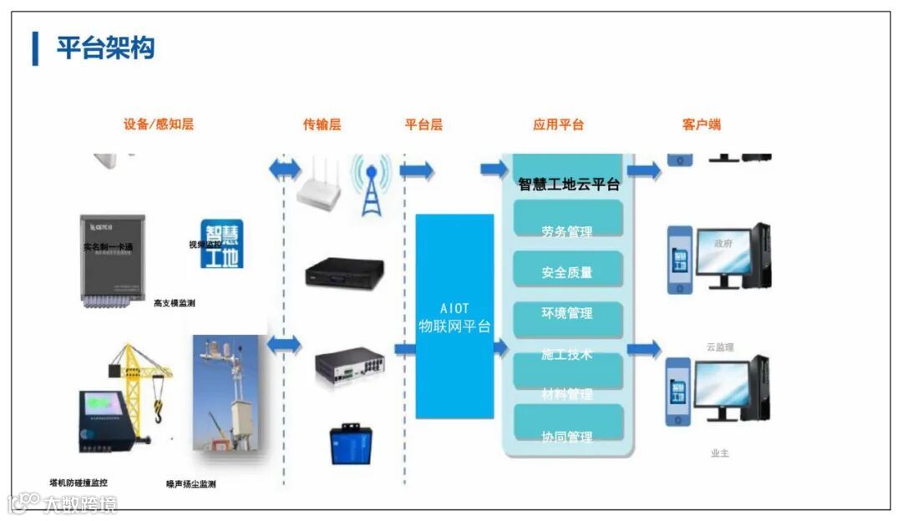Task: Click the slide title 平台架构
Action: [x=105, y=48]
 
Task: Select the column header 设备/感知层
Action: [x=159, y=124]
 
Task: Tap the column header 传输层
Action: [x=322, y=124]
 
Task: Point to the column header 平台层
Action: [x=423, y=124]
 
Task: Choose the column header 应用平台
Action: [x=558, y=124]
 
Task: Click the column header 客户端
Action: [x=701, y=124]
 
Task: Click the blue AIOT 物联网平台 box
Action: [x=454, y=316]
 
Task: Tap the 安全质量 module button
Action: [x=567, y=271]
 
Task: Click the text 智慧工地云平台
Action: [x=569, y=185]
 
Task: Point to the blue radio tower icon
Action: [x=370, y=185]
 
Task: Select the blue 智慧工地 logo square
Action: [x=222, y=244]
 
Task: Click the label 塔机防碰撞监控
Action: [x=79, y=483]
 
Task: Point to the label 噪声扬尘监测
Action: [x=191, y=484]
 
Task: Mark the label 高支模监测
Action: [x=175, y=303]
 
